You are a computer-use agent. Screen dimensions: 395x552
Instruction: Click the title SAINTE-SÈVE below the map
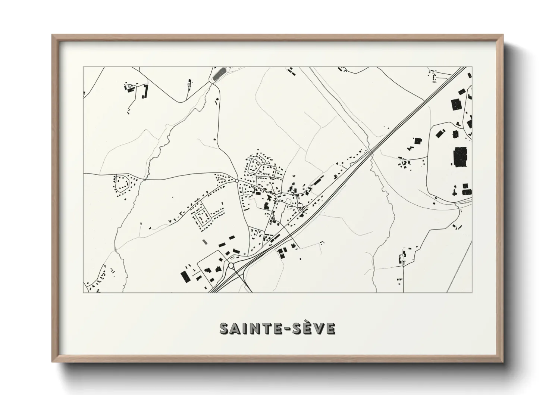(x=278, y=328)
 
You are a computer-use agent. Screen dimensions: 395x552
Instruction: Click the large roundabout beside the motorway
(x=231, y=265)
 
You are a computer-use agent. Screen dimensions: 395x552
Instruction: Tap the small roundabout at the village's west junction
(x=237, y=181)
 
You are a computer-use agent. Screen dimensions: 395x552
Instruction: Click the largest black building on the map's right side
(x=460, y=156)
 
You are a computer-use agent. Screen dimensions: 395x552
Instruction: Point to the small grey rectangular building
(x=204, y=242)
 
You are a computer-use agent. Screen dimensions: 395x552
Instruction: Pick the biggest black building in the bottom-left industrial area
(x=185, y=277)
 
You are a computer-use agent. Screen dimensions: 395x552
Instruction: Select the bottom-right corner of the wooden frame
(x=502, y=361)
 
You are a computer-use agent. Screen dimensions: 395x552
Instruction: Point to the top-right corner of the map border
(x=472, y=67)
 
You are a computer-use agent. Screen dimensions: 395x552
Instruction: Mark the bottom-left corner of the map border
(x=84, y=292)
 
